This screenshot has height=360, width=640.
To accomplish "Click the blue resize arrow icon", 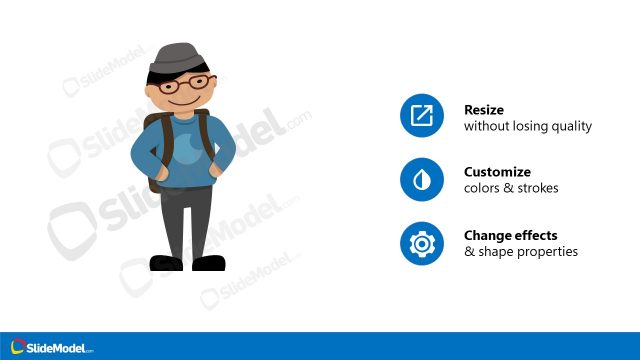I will (x=421, y=117).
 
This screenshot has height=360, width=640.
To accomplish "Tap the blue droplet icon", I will (x=421, y=180).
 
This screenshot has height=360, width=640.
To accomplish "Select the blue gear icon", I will (x=421, y=244).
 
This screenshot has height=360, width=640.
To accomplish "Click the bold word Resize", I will (x=484, y=109).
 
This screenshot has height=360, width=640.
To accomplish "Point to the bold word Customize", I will (x=497, y=172).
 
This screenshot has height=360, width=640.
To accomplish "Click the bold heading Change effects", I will (x=510, y=236).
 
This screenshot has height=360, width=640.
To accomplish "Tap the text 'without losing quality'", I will (x=528, y=126).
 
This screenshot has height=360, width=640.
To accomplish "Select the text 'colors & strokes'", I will (x=511, y=188).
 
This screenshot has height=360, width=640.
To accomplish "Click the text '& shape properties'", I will (x=521, y=252).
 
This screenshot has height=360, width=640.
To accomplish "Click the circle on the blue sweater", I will (x=186, y=151).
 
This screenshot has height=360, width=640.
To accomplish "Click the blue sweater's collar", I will (x=183, y=118).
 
